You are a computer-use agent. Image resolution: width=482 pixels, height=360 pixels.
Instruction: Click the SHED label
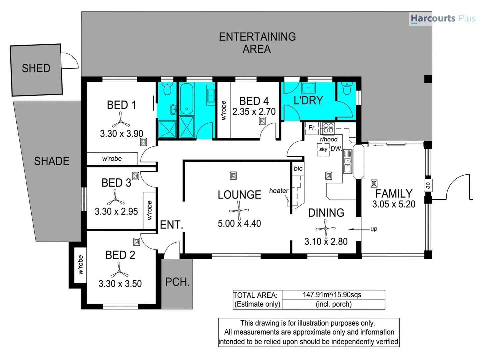36,68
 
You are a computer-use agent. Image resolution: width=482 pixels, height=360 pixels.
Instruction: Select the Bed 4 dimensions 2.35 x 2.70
254,112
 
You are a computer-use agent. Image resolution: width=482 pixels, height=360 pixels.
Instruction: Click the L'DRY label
308,100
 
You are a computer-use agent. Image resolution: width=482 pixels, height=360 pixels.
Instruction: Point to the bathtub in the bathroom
187,99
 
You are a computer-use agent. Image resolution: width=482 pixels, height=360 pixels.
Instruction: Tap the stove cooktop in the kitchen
328,128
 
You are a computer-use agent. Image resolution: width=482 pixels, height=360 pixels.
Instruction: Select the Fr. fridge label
312,128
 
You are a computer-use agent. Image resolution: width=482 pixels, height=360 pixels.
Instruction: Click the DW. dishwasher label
336,149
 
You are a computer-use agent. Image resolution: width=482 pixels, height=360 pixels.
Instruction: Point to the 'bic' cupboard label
298,168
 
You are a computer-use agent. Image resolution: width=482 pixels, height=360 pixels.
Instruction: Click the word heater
279,191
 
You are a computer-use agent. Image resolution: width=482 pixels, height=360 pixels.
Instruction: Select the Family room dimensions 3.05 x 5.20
394,204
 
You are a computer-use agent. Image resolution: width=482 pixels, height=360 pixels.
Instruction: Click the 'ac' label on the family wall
428,185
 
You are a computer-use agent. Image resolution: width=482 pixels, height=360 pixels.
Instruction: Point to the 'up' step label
374,229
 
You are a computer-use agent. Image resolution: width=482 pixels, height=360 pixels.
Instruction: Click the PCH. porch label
177,282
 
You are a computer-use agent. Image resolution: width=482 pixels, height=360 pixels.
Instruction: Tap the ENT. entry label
172,225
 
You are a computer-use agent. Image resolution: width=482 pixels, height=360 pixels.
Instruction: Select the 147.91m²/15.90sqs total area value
332,295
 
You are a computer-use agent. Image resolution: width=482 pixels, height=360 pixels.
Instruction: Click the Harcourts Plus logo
442,18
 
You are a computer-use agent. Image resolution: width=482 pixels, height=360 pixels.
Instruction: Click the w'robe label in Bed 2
80,265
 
